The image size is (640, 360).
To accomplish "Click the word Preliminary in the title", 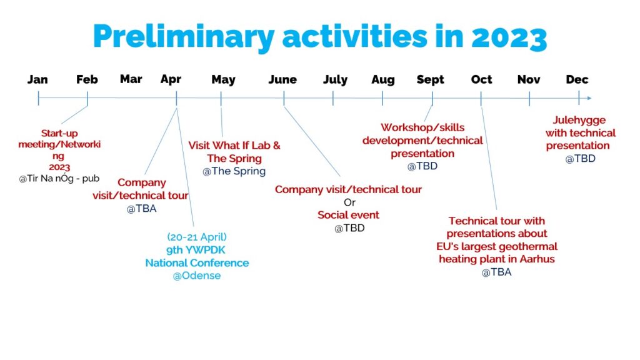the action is [184, 37].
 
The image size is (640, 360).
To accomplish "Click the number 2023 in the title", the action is [509, 37].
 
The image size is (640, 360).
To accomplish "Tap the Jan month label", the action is [37, 79].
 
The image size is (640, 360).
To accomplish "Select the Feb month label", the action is [87, 79].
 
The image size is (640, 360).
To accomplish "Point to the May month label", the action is [223, 79].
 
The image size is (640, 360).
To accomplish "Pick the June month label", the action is [282, 79].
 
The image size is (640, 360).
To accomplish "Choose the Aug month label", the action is [383, 79].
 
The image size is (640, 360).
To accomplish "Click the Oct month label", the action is [482, 79].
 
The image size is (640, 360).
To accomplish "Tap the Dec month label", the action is [577, 79].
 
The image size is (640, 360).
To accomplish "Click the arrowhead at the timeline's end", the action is [589, 98].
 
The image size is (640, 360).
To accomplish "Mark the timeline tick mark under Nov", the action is [529, 98].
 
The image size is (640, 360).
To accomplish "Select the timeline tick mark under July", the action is [333, 98].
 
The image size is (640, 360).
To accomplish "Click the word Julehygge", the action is [579, 121].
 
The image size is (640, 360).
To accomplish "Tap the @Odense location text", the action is [197, 276].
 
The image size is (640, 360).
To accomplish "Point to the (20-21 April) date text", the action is [197, 237].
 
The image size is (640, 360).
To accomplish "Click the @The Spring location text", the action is [234, 171].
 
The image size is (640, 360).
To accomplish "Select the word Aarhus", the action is [537, 259].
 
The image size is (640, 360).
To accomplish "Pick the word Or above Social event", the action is [349, 202].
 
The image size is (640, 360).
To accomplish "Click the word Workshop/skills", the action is [422, 127].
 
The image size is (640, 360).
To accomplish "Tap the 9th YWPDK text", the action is [196, 250].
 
